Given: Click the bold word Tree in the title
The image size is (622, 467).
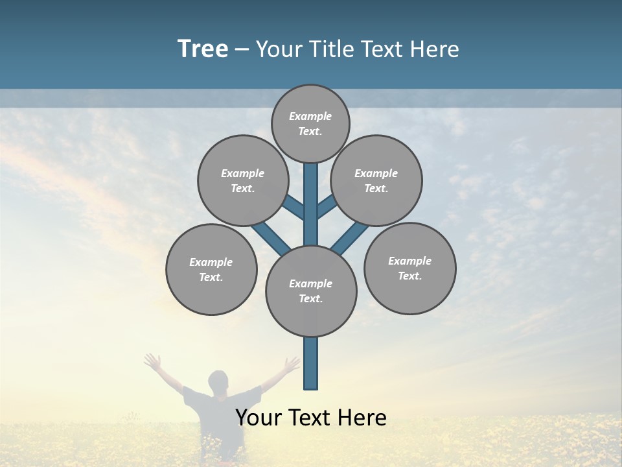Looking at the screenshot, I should pos(203,49).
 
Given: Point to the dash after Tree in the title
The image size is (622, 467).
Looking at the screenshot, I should pos(242,50).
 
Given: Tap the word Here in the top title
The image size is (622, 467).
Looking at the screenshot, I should pos(434,49).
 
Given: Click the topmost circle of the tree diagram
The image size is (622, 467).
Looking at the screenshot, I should pos(310,123).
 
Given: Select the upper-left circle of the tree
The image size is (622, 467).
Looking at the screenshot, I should pos(243,180).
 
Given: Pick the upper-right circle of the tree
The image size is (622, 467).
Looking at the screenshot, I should pos(376,180).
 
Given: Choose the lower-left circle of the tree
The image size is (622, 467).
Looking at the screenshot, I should pos(211,269).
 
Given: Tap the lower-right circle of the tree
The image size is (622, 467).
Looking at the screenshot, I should pos(409,268).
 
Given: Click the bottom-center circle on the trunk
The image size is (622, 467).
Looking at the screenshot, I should pos(311,291).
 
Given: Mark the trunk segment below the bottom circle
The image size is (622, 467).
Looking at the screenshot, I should pos(311,363).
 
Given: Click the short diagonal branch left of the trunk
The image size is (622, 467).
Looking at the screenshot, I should pos(294,208).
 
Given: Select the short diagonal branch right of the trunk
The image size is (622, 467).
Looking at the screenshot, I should pos(327,207).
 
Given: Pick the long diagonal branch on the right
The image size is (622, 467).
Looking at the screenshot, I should pos(351,237).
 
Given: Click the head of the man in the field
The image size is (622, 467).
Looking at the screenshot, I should pos(219,381).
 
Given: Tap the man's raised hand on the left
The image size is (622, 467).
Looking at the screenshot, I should pos(153,361).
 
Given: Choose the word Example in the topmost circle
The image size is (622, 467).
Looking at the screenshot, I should pos(310,116).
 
